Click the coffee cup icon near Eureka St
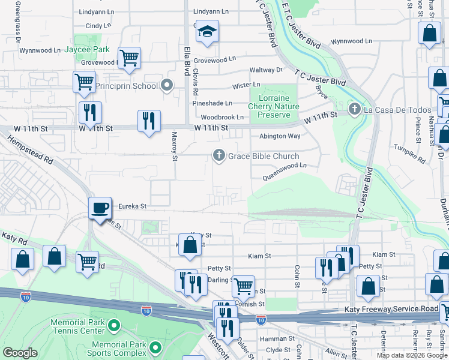point(100,208)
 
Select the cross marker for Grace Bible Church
point(219,156)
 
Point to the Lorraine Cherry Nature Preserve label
point(274,106)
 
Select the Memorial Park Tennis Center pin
point(113,326)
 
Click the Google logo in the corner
point(20,353)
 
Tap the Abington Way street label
point(279,136)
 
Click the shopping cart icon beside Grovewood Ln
point(129,58)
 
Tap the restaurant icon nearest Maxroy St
point(148,120)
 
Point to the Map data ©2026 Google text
point(412,355)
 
